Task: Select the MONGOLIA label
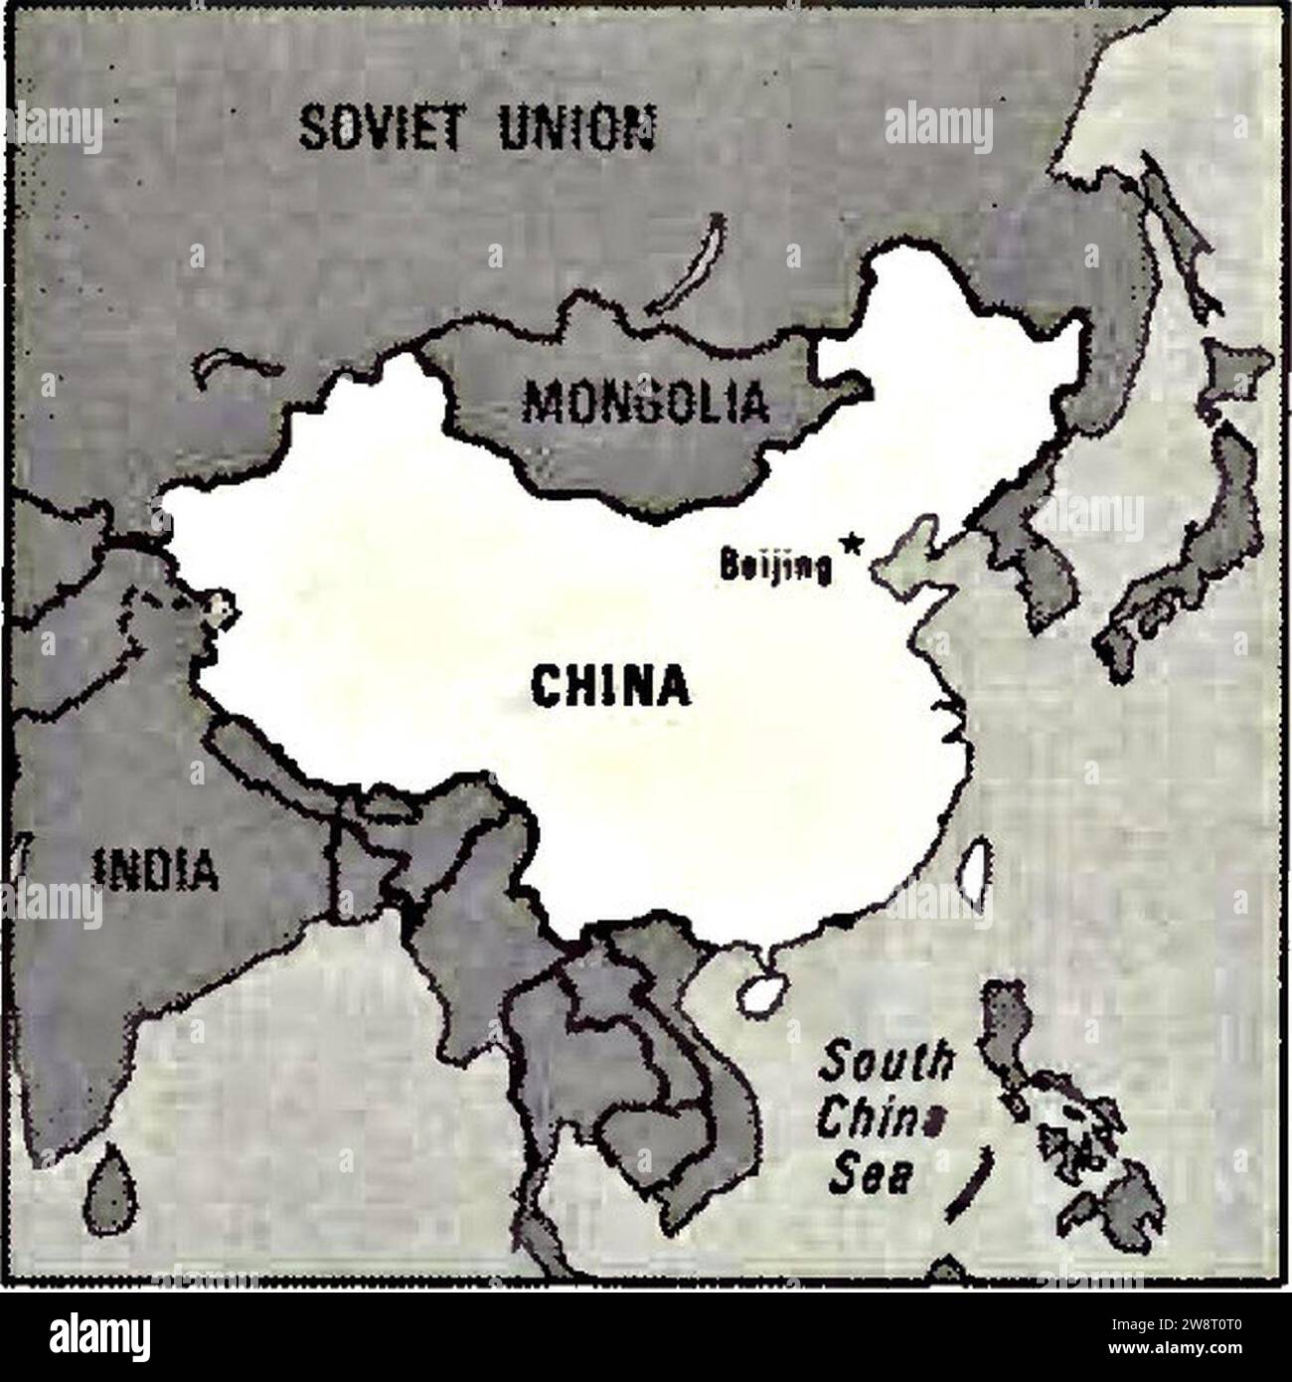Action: (x=647, y=403)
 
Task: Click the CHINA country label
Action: (x=610, y=686)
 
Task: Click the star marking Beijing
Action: (x=850, y=543)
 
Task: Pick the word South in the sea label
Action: (x=885, y=1066)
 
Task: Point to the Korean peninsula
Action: (x=1034, y=557)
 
